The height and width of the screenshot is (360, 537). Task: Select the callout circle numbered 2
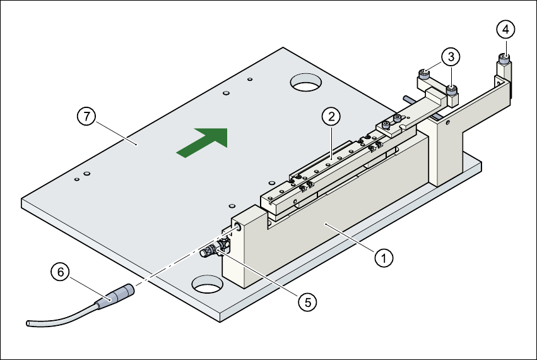331,116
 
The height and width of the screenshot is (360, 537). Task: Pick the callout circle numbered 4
505,28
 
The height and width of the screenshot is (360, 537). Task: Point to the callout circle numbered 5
307,301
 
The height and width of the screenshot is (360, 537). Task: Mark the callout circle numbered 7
86,116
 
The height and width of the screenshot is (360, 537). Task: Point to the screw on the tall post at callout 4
504,61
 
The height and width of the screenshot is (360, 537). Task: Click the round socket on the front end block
239,225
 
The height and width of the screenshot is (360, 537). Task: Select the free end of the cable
28,323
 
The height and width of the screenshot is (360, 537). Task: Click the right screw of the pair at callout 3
452,90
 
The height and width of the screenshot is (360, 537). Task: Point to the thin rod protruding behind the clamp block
408,98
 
